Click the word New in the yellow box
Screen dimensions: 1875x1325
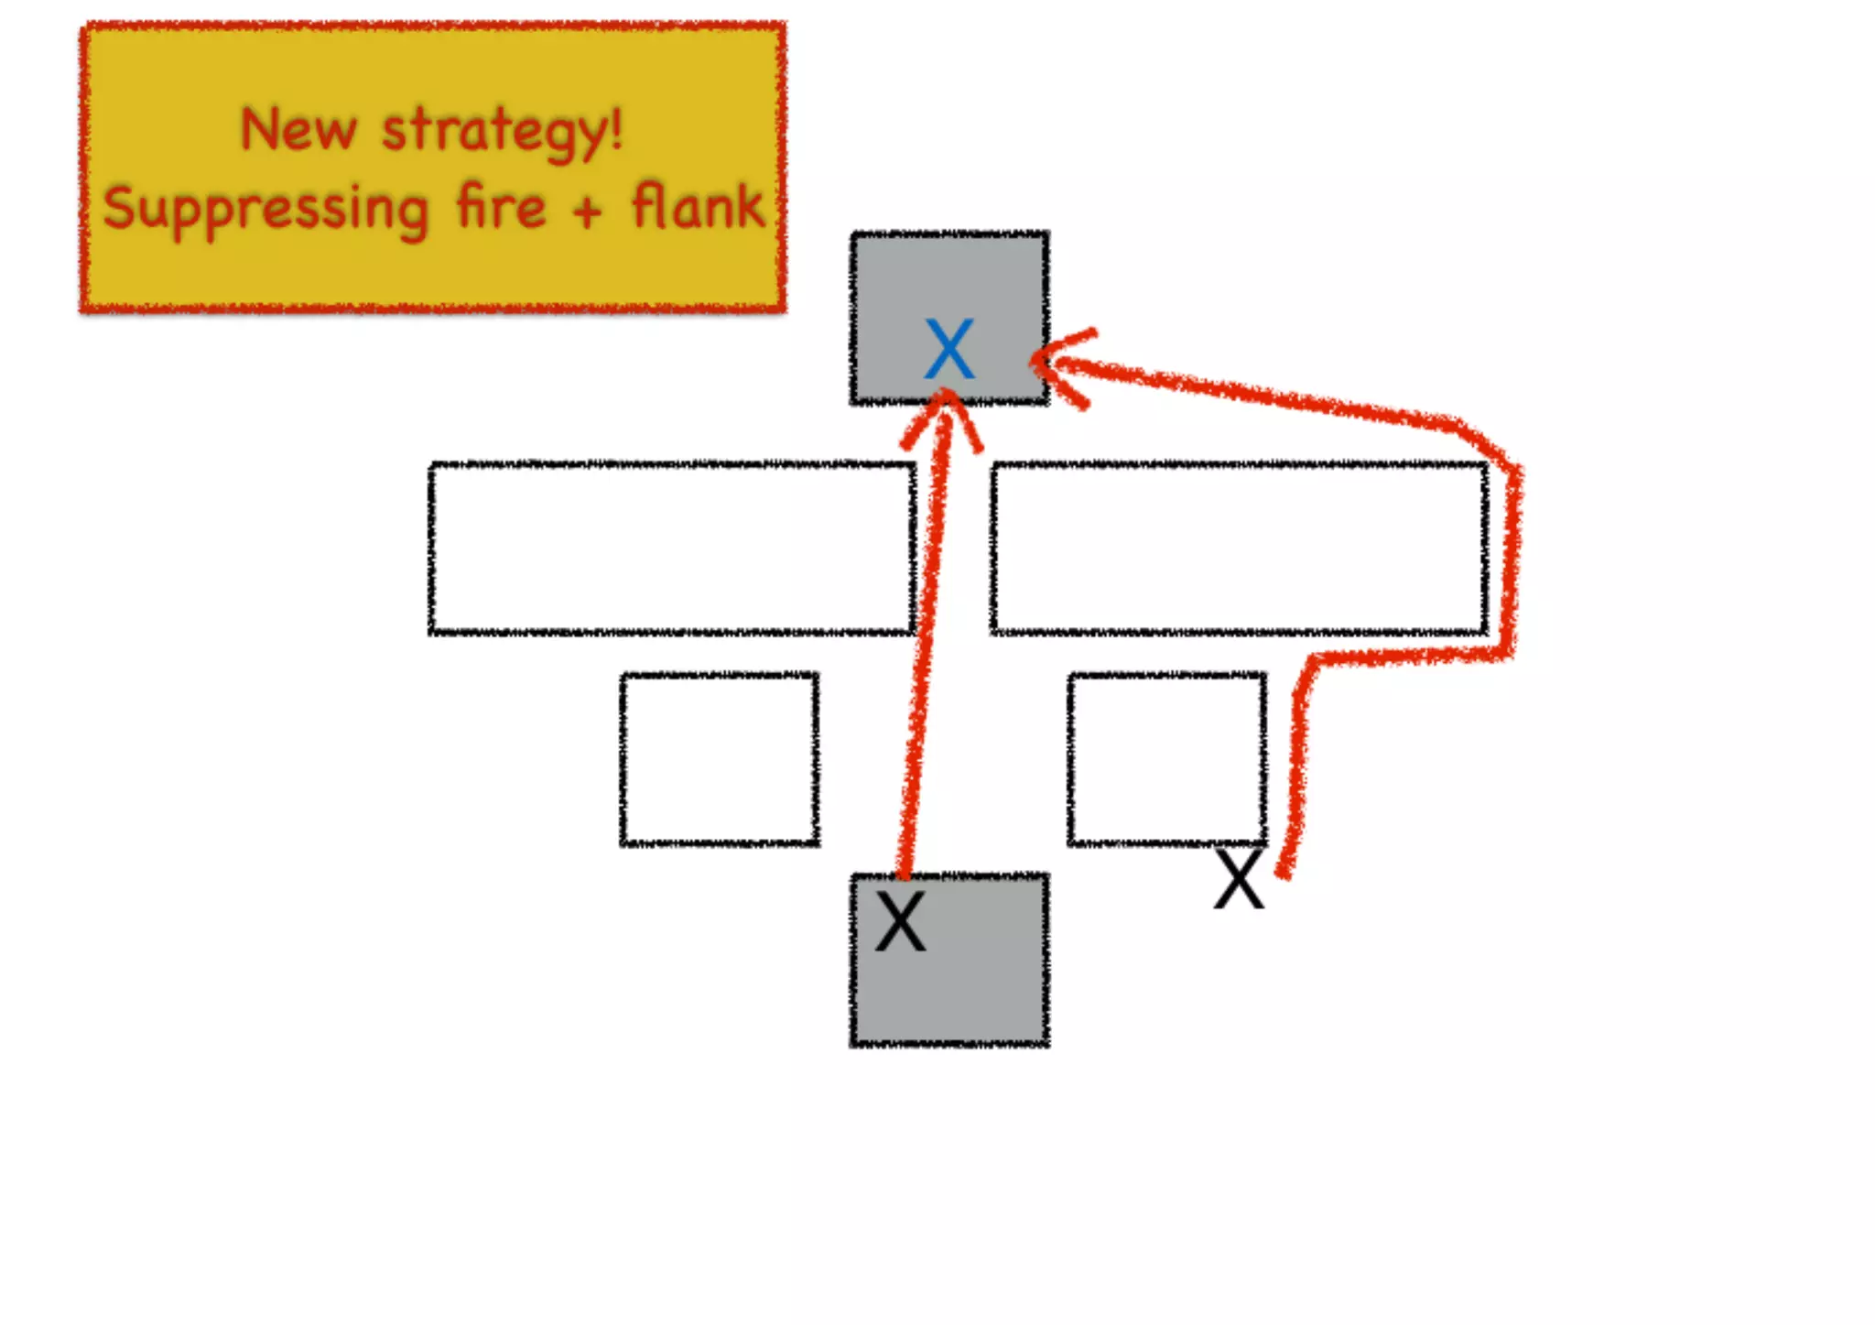298,129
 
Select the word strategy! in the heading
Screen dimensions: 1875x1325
502,131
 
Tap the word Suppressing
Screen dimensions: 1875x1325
266,209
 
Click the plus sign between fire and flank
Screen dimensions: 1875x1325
588,211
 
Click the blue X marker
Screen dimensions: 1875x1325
949,349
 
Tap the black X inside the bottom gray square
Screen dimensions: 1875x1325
901,921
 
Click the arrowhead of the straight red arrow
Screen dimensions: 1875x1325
944,407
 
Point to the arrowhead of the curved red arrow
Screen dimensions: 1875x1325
1048,364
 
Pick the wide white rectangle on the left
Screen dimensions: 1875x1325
672,548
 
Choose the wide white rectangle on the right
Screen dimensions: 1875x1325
1239,548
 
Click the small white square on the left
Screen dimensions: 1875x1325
720,758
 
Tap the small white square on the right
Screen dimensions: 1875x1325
1166,758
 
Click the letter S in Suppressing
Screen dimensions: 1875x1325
120,207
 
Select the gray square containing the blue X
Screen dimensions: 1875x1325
949,275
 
